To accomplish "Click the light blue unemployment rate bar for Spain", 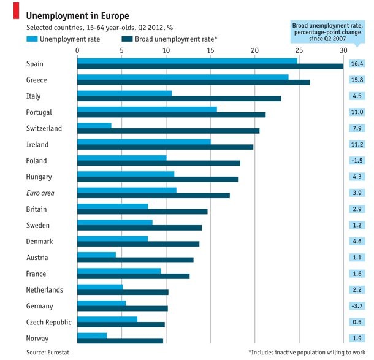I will click(187, 60).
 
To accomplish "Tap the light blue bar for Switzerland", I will click(94, 125).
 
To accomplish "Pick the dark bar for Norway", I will click(120, 340).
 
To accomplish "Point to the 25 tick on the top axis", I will click(299, 50).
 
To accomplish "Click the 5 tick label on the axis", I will click(121, 50).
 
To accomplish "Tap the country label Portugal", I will click(39, 112).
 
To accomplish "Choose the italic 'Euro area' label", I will click(41, 193).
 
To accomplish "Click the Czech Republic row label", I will click(49, 322).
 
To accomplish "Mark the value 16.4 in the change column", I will click(357, 64).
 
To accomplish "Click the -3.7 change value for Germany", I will click(357, 306).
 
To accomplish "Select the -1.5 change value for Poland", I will click(357, 161).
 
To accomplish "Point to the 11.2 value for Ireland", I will click(357, 145).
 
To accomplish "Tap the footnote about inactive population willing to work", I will click(306, 352).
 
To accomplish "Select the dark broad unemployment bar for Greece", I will click(193, 82).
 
